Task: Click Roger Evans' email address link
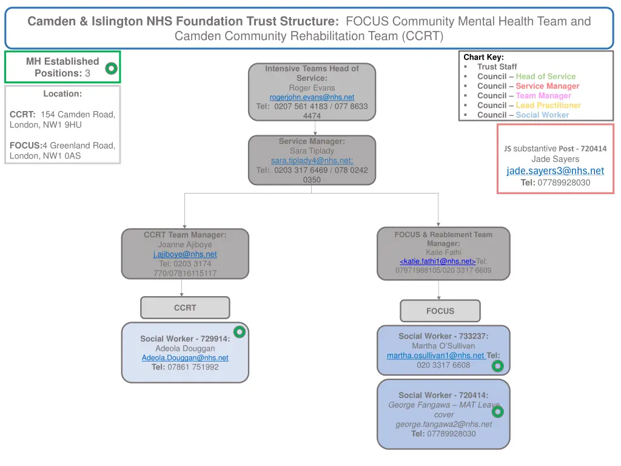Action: click(x=312, y=97)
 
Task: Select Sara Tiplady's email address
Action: click(x=312, y=161)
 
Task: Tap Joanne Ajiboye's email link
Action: click(x=185, y=254)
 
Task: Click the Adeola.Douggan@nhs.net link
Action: click(x=185, y=358)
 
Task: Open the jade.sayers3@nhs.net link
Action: click(x=555, y=171)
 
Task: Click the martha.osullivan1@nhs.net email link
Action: click(x=435, y=356)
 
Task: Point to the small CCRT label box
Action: click(x=185, y=308)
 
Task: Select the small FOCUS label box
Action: click(x=440, y=311)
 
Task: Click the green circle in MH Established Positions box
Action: click(x=111, y=69)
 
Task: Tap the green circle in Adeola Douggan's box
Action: click(x=240, y=332)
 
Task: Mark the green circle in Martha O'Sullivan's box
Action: click(x=497, y=366)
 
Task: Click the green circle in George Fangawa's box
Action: click(x=497, y=412)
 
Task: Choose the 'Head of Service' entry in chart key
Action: click(x=545, y=76)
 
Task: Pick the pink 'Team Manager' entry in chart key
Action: click(x=543, y=96)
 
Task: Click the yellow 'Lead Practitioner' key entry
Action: click(x=548, y=106)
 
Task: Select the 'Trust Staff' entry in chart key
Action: click(x=497, y=67)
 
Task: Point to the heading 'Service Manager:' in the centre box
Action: click(x=312, y=141)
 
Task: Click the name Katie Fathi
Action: click(x=443, y=252)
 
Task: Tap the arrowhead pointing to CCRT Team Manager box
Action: click(x=185, y=225)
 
